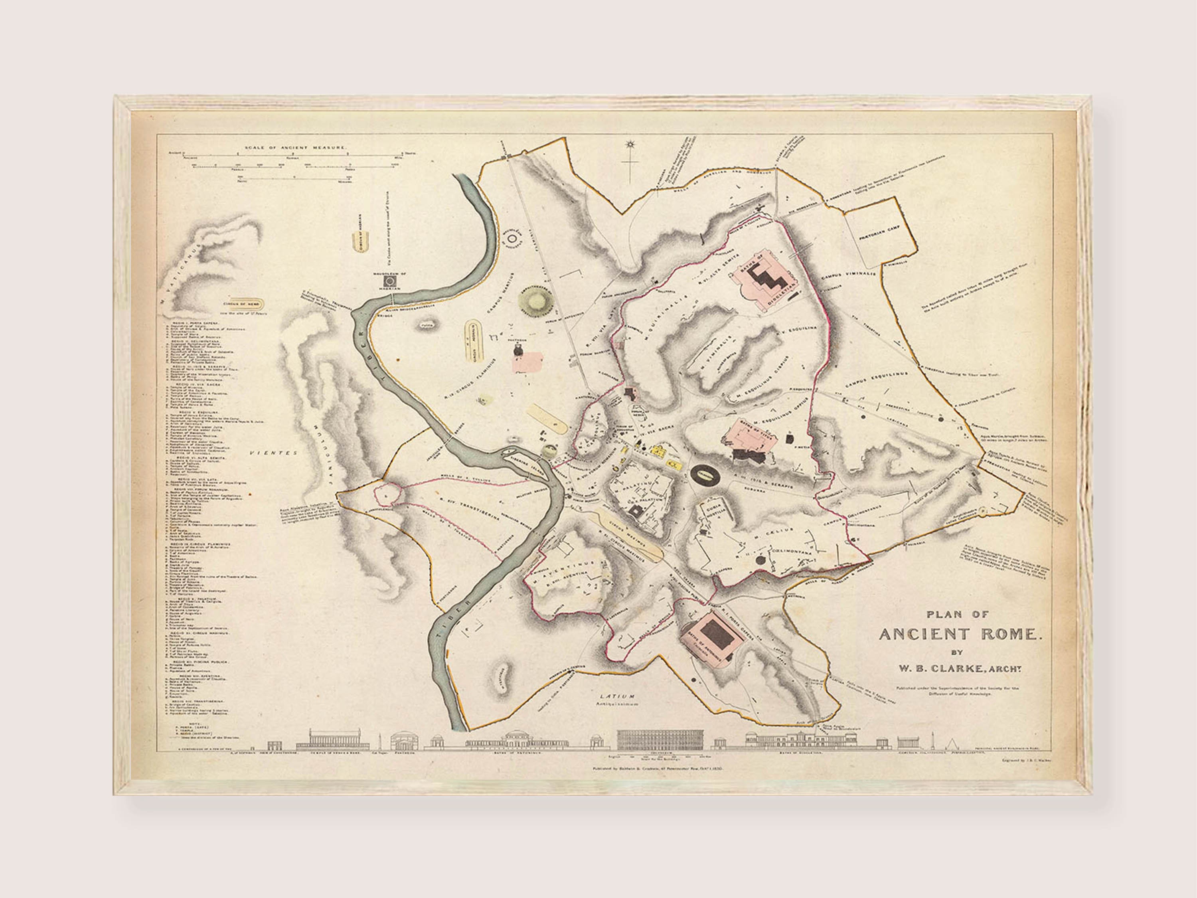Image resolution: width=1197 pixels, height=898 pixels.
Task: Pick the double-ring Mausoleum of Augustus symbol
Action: [x=512, y=237]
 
